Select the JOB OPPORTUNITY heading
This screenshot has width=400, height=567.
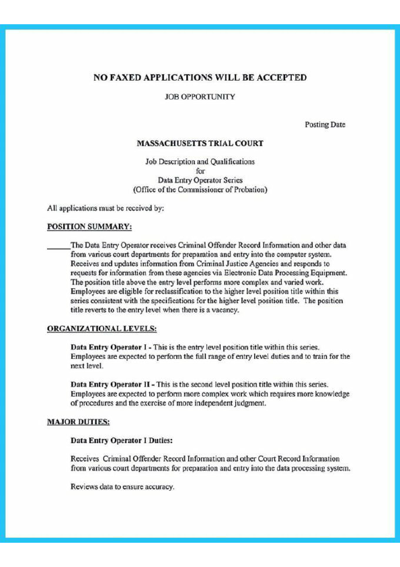tap(200, 97)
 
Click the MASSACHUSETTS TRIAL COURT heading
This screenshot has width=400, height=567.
tap(200, 143)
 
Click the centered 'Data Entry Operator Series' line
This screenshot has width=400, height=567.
tap(200, 180)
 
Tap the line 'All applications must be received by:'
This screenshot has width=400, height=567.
tap(106, 208)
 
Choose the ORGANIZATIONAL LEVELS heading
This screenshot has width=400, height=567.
tap(102, 329)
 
